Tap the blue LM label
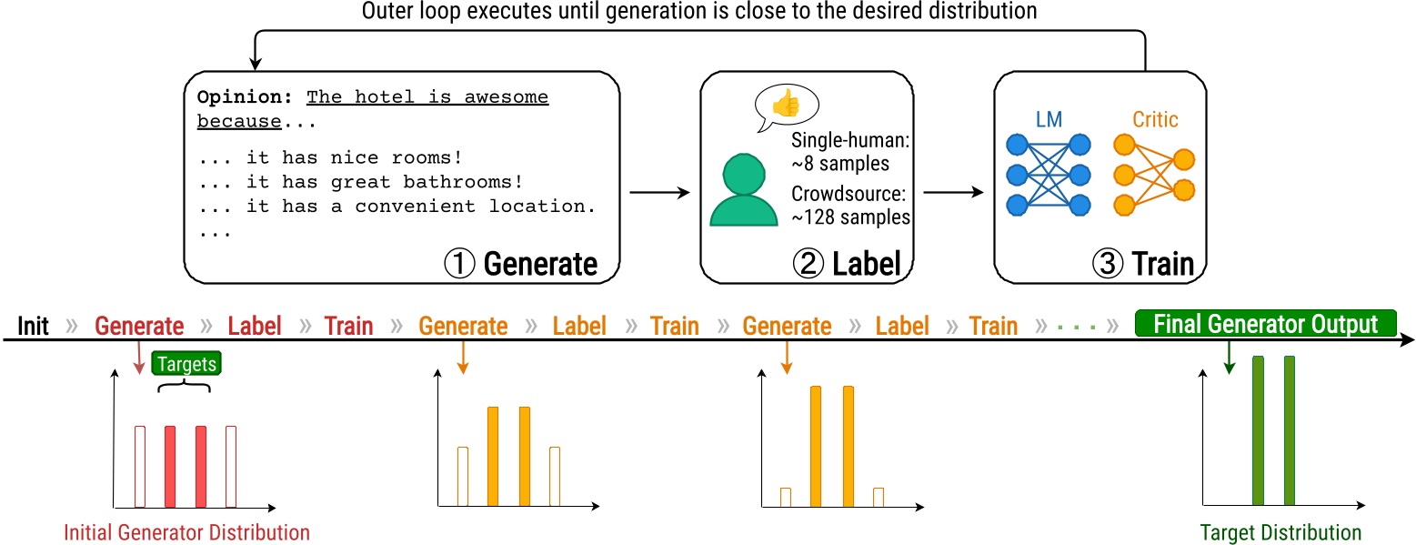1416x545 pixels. pos(1048,119)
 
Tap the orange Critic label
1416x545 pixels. pos(1155,119)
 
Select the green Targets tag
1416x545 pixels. pos(187,364)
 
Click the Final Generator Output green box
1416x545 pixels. pos(1266,324)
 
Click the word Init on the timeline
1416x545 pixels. pos(33,326)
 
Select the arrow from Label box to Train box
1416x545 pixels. pos(953,193)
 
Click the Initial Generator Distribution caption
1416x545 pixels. pos(186,532)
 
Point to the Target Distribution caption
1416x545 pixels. pos(1280,532)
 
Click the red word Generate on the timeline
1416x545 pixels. pos(139,326)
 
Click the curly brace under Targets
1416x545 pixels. pos(185,386)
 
